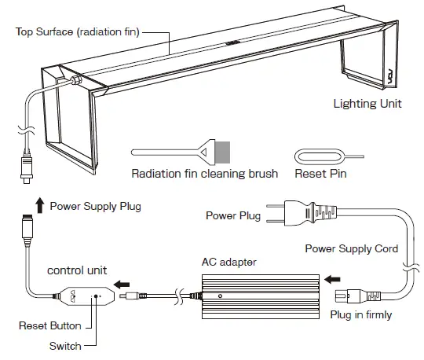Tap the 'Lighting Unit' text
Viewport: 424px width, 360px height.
[368, 103]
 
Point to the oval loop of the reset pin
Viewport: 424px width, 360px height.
[311, 155]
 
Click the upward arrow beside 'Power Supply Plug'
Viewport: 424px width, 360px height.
[39, 207]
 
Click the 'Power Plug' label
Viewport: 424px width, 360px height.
[233, 215]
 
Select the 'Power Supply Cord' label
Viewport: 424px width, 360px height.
[350, 248]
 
